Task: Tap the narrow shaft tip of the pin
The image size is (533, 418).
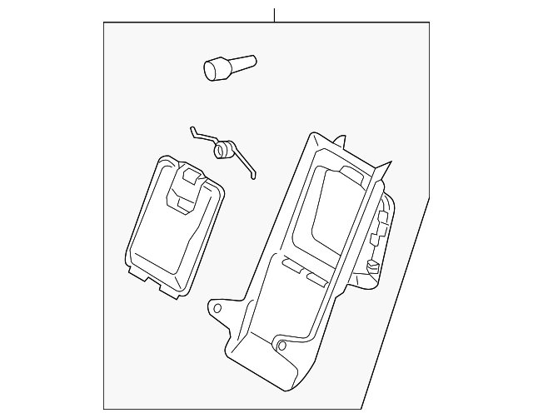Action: click(251, 59)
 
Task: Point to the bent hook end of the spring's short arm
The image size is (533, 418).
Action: click(192, 128)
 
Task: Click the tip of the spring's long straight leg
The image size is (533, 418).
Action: click(256, 176)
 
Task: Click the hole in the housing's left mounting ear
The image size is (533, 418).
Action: click(219, 307)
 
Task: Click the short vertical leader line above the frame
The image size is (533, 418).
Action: click(273, 13)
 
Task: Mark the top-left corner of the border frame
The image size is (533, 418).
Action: click(104, 22)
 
